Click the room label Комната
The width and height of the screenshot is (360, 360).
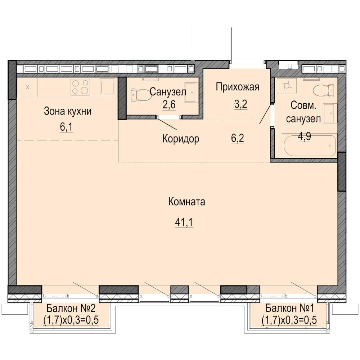tap(186, 202)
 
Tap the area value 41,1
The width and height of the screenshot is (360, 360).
tap(184, 222)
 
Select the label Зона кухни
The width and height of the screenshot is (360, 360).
tap(68, 111)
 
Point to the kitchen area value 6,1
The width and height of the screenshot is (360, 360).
tap(66, 127)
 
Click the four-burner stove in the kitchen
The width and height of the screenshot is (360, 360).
tap(80, 87)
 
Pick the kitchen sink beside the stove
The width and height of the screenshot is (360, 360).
tap(107, 87)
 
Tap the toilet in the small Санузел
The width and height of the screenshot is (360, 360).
tap(141, 95)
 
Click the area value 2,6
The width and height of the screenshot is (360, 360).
tap(169, 105)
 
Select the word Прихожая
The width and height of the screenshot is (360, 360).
tap(238, 87)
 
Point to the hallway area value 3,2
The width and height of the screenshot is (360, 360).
tap(240, 104)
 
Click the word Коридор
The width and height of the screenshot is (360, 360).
tap(181, 139)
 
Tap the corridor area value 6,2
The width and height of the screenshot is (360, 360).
tap(238, 139)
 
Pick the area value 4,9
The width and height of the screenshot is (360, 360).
tap(305, 136)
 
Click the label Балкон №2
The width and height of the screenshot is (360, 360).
tap(71, 308)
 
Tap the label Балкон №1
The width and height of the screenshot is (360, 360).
tap(289, 308)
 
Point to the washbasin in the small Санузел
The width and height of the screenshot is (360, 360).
tap(190, 92)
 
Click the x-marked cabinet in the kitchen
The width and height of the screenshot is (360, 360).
tap(27, 87)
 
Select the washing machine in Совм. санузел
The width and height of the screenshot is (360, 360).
tap(287, 86)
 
